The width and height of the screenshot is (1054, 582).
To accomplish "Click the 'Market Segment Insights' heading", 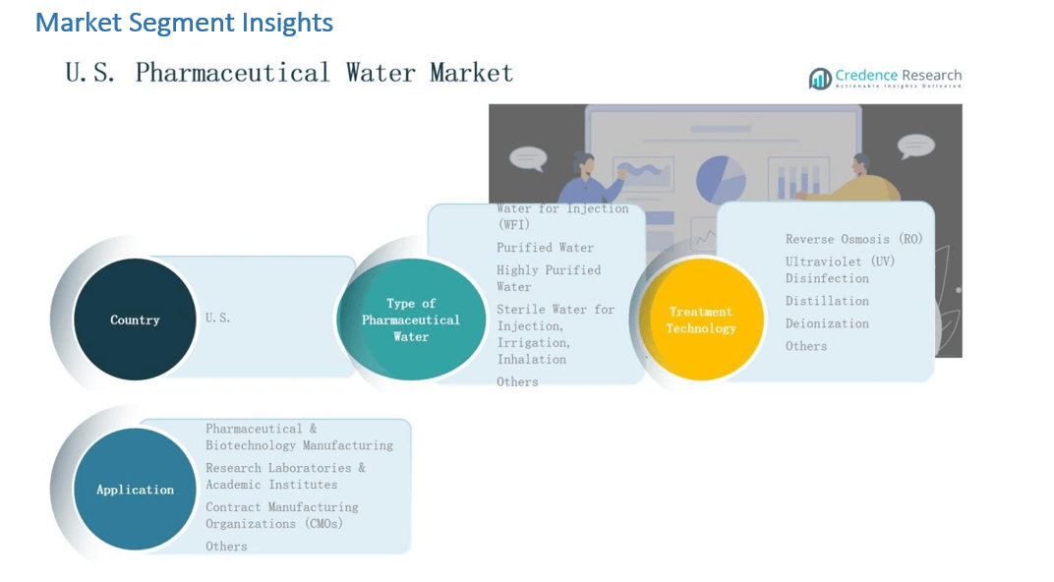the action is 184,23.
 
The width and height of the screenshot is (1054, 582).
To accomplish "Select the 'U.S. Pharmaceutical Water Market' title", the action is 289,73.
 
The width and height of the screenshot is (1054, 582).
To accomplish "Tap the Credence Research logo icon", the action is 819,79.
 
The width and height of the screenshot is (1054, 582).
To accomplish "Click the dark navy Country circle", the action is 135,320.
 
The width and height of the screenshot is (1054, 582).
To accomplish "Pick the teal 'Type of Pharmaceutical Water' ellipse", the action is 411,320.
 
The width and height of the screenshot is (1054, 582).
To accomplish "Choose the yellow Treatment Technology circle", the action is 701,320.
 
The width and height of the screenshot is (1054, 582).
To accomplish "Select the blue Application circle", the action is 135,490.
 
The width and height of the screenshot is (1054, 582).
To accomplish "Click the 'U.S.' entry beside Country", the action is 218,318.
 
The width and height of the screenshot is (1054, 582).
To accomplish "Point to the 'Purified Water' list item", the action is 545,248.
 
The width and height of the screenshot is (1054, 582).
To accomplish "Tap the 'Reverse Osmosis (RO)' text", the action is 853,239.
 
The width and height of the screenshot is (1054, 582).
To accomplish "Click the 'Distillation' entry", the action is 827,301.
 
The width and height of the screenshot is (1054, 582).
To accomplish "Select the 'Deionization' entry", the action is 827,323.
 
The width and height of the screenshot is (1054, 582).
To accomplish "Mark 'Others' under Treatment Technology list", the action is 806,346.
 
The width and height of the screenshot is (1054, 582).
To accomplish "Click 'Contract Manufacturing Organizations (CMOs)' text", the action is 281,515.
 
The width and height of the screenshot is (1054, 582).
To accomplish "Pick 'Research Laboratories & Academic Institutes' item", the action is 285,476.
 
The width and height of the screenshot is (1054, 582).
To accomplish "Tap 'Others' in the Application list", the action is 226,547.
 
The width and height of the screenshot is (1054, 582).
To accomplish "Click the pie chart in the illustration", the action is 721,180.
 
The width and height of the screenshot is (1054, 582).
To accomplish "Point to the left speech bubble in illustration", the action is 528,158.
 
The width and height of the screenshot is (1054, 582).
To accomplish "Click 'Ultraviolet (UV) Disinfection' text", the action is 840,269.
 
